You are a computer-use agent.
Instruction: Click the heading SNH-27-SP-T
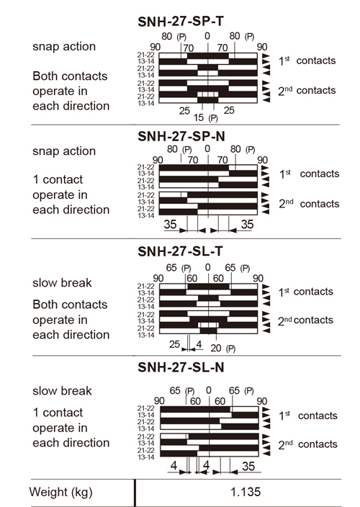coord(180,22)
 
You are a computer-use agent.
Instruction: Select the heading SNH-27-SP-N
coord(181,136)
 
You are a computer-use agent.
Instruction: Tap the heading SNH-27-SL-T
coord(180,251)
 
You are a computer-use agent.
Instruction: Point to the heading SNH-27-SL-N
coord(181,367)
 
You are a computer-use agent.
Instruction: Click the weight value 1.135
coord(246,492)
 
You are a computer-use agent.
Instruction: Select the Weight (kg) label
coord(60,492)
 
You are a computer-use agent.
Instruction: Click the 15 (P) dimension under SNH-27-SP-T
coord(206,118)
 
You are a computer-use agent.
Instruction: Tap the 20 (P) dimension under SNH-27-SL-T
coord(223,349)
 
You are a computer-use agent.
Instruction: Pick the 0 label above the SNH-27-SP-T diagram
coord(207,36)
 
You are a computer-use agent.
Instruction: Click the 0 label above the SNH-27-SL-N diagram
coord(209,390)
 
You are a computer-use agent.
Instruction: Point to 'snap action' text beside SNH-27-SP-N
coord(64,151)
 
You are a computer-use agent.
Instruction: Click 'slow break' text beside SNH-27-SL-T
coord(62,283)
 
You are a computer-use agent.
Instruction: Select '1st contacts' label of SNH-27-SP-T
coord(307,60)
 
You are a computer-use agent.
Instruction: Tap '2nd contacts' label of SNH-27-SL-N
coord(307,444)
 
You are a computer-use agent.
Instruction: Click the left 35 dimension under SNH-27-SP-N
coord(170,224)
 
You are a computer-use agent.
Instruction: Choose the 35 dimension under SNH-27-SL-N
coord(248,466)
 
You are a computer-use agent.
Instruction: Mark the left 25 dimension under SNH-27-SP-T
coord(184,111)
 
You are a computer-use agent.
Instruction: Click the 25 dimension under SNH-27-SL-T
coord(174,344)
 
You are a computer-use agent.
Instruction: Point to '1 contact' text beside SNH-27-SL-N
coord(58,413)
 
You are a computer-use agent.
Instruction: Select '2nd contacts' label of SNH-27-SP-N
coord(309,204)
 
